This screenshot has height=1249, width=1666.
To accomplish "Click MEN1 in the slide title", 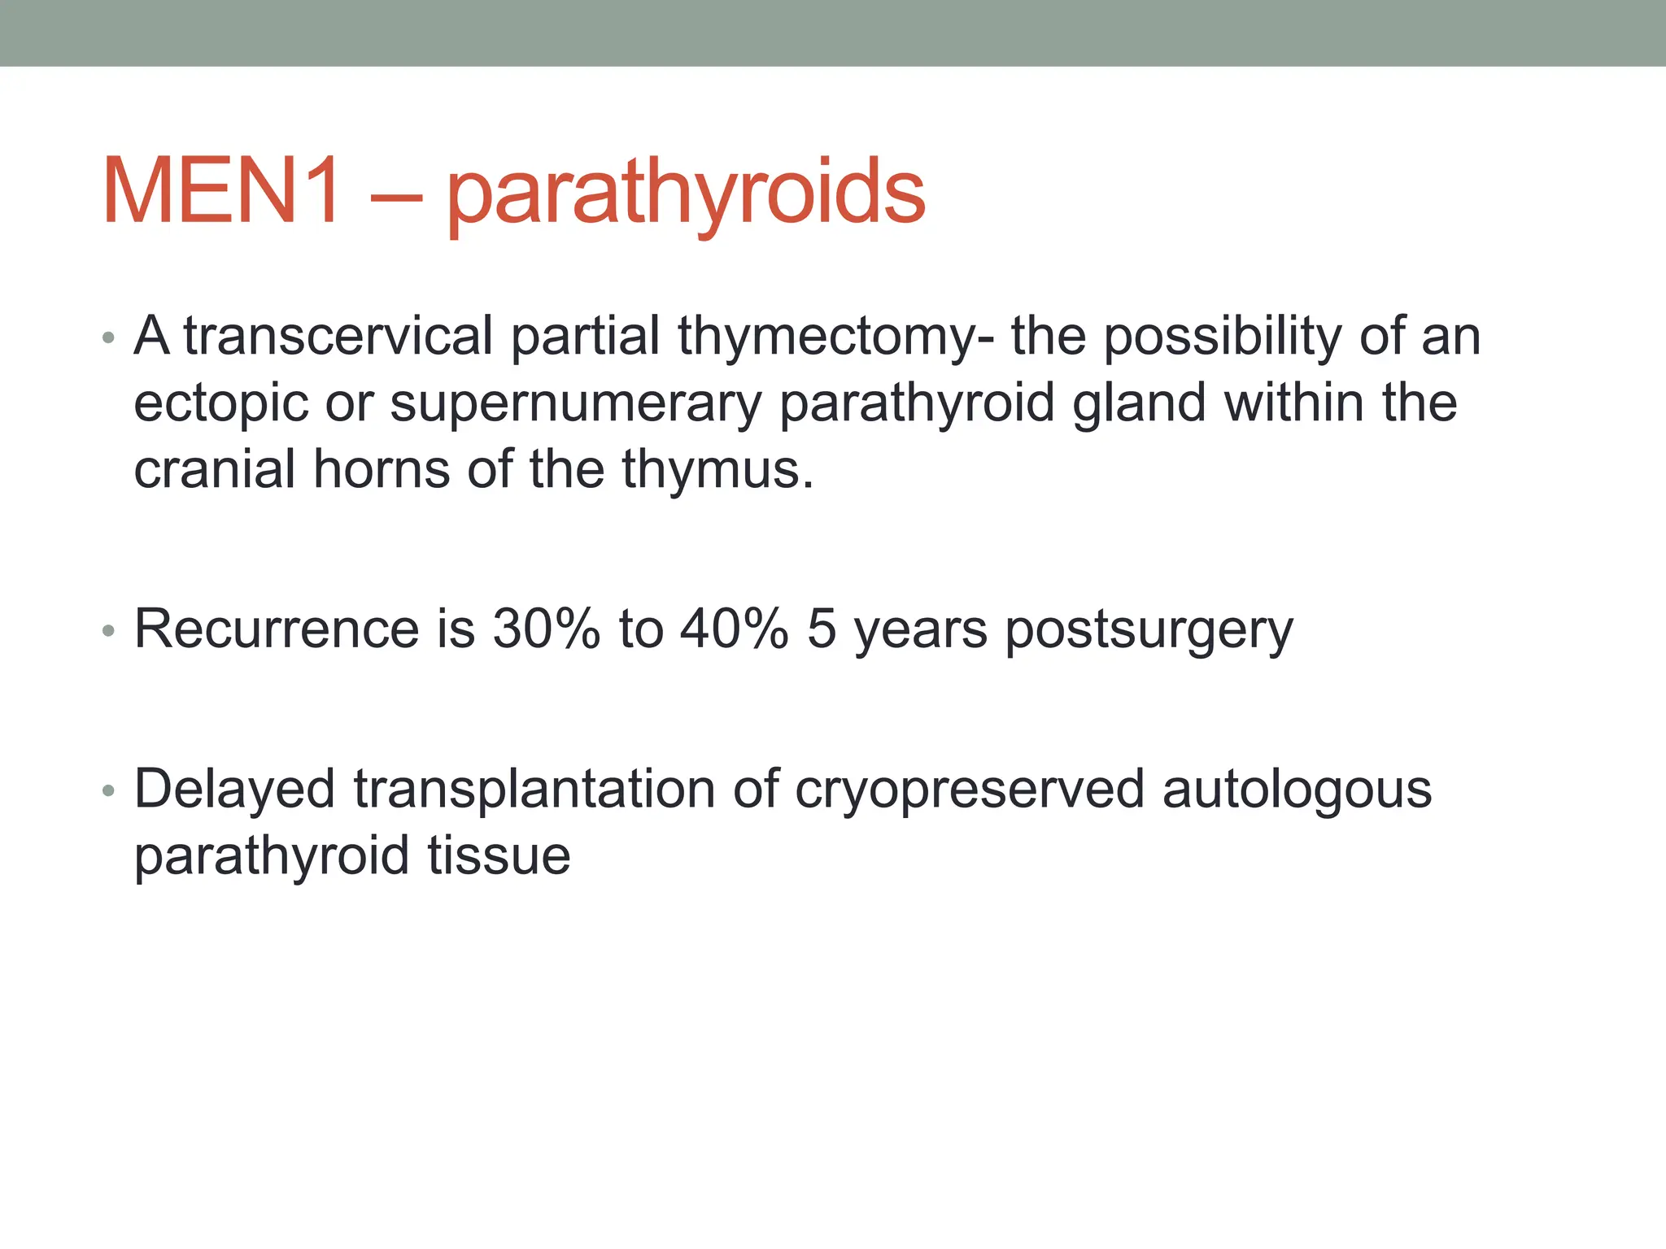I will coord(221,192).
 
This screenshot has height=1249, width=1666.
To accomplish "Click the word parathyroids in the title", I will coord(686,195).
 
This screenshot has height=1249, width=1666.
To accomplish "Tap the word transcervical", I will coord(338,336).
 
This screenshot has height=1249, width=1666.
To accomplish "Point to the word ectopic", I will coord(220,405).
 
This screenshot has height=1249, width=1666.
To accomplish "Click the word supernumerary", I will coord(575,405).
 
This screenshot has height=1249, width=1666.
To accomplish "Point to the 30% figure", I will coord(546,629).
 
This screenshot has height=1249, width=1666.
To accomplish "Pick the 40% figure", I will coord(735,629).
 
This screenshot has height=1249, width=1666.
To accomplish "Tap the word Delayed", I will coord(234,790).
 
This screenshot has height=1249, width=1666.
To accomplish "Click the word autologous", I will coord(1297,790).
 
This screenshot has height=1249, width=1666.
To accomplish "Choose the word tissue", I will coord(499,855).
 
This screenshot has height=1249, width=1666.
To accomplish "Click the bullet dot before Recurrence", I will coord(109,631).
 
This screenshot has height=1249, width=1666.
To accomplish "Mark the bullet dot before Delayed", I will coord(109,791).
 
